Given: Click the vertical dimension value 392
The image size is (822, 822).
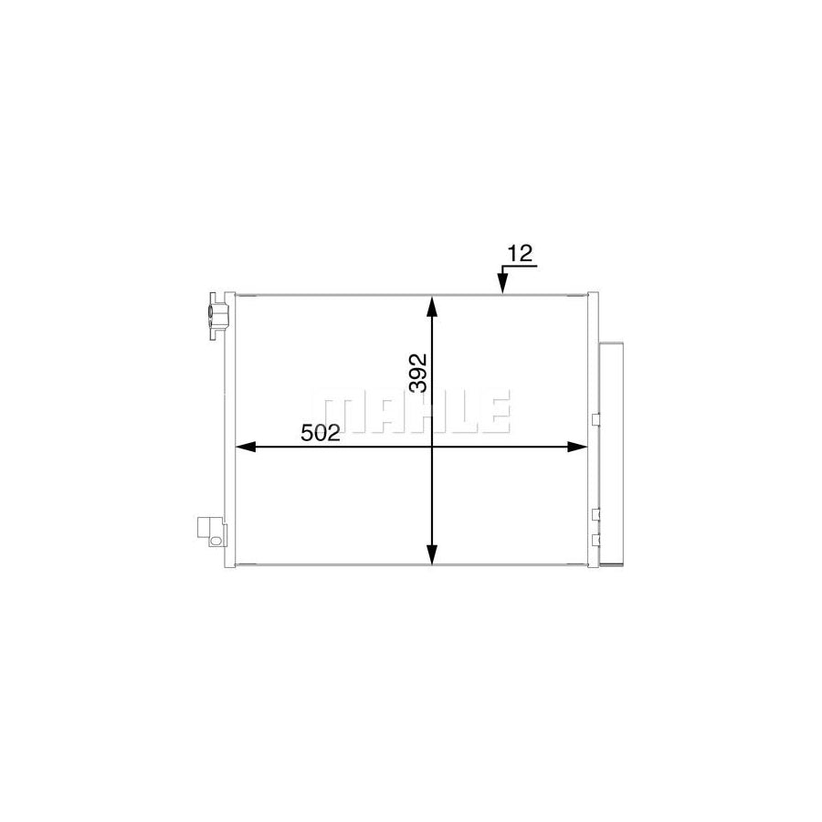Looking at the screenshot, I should coord(417,374).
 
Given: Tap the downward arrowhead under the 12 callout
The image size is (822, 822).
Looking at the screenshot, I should coord(502,287).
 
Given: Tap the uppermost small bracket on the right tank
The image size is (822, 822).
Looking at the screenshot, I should coord(595,420).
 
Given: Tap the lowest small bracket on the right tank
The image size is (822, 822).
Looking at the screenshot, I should coord(595,539).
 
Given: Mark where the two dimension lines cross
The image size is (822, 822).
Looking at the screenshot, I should coord(433,447).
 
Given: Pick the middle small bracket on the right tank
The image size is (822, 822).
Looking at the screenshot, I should coord(595,514).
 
